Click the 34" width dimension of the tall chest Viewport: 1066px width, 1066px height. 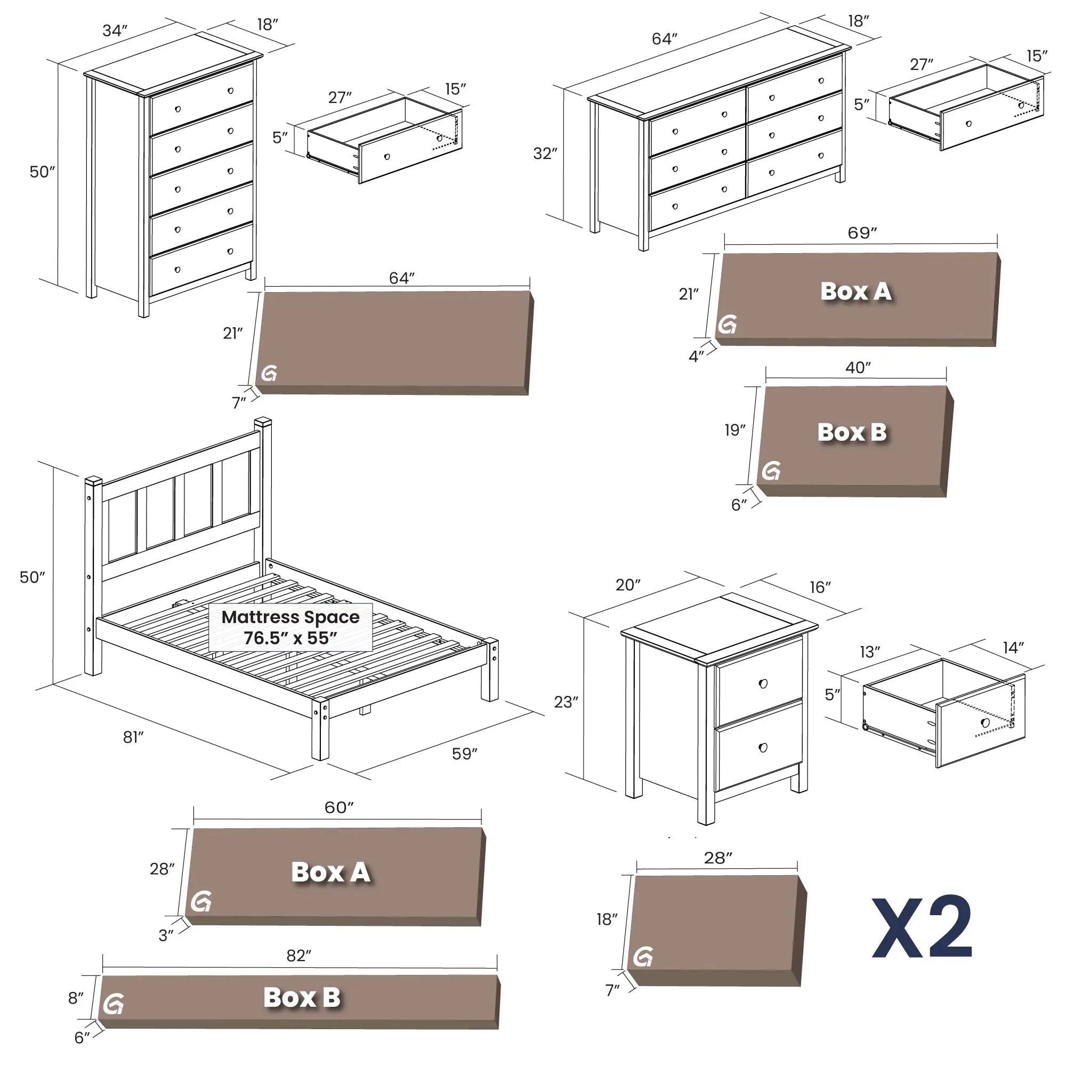coord(115,31)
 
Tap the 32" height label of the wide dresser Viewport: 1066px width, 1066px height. coord(545,154)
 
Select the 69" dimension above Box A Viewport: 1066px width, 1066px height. coord(862,233)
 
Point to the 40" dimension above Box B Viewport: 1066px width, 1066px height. coord(858,367)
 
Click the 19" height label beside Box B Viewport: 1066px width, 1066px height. coord(735,430)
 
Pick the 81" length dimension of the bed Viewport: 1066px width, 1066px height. coord(133,737)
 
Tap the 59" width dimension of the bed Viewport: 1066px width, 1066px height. coord(465,754)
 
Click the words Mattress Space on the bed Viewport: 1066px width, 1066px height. coord(290,617)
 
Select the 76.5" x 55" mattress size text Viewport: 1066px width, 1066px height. coord(290,639)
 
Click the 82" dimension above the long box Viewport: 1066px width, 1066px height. coord(299,956)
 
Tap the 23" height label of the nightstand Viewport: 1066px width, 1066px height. coord(566,702)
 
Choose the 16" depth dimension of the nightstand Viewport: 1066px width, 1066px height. coord(820,587)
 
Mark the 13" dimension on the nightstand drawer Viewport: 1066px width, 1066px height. coord(869,652)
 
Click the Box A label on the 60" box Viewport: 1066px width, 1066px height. coord(330,873)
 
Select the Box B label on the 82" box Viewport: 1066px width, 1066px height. coord(302,998)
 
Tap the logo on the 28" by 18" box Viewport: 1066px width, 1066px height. coord(643,957)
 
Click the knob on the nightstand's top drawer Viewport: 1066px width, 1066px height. coord(763,684)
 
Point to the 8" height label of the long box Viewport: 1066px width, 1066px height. coord(76,998)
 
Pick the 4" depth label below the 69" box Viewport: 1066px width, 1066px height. coord(696,357)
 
